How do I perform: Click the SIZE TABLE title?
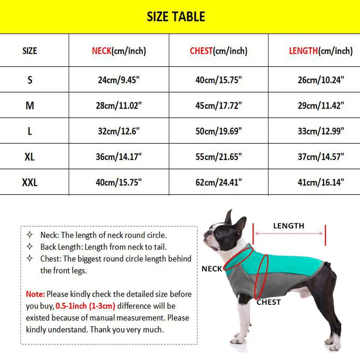tap(176, 17)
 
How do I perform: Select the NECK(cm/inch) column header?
tap(119, 51)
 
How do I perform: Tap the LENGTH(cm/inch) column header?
tap(321, 51)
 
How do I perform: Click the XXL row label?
tap(30, 183)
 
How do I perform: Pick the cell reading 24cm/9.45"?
tap(119, 80)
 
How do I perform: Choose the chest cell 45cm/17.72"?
tap(219, 105)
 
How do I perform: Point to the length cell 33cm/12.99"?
tap(321, 131)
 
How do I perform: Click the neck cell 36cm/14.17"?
tap(119, 157)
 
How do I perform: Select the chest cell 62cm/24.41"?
tap(219, 183)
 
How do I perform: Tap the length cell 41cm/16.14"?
tap(321, 183)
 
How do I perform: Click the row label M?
tap(30, 105)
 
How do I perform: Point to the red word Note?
tap(35, 294)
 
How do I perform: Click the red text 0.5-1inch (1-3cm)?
tap(85, 306)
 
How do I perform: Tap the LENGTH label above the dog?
tap(288, 226)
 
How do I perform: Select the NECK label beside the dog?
tap(212, 269)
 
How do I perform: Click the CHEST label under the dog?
tap(268, 302)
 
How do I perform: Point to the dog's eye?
tap(219, 233)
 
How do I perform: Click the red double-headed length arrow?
tap(289, 234)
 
